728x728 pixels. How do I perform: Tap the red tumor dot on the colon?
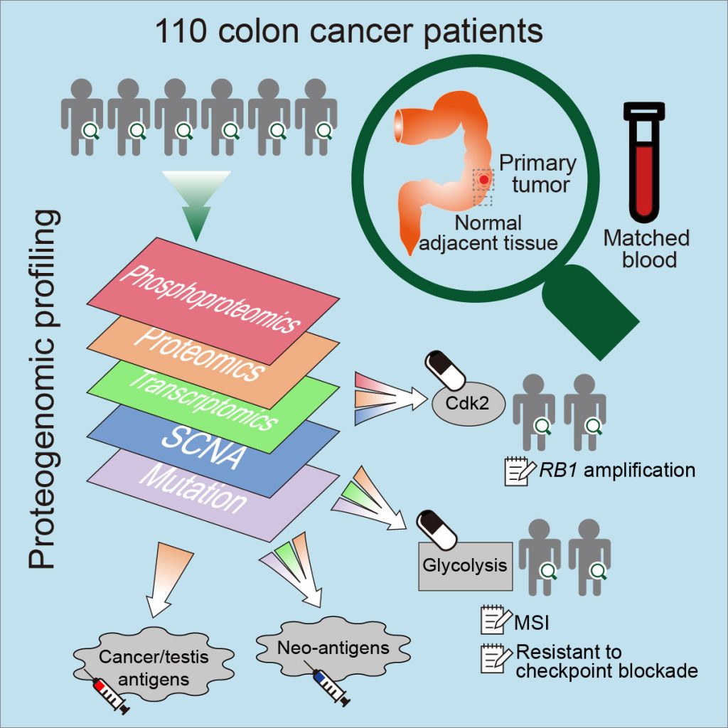coord(483,180)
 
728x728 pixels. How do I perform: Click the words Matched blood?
coord(646,248)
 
